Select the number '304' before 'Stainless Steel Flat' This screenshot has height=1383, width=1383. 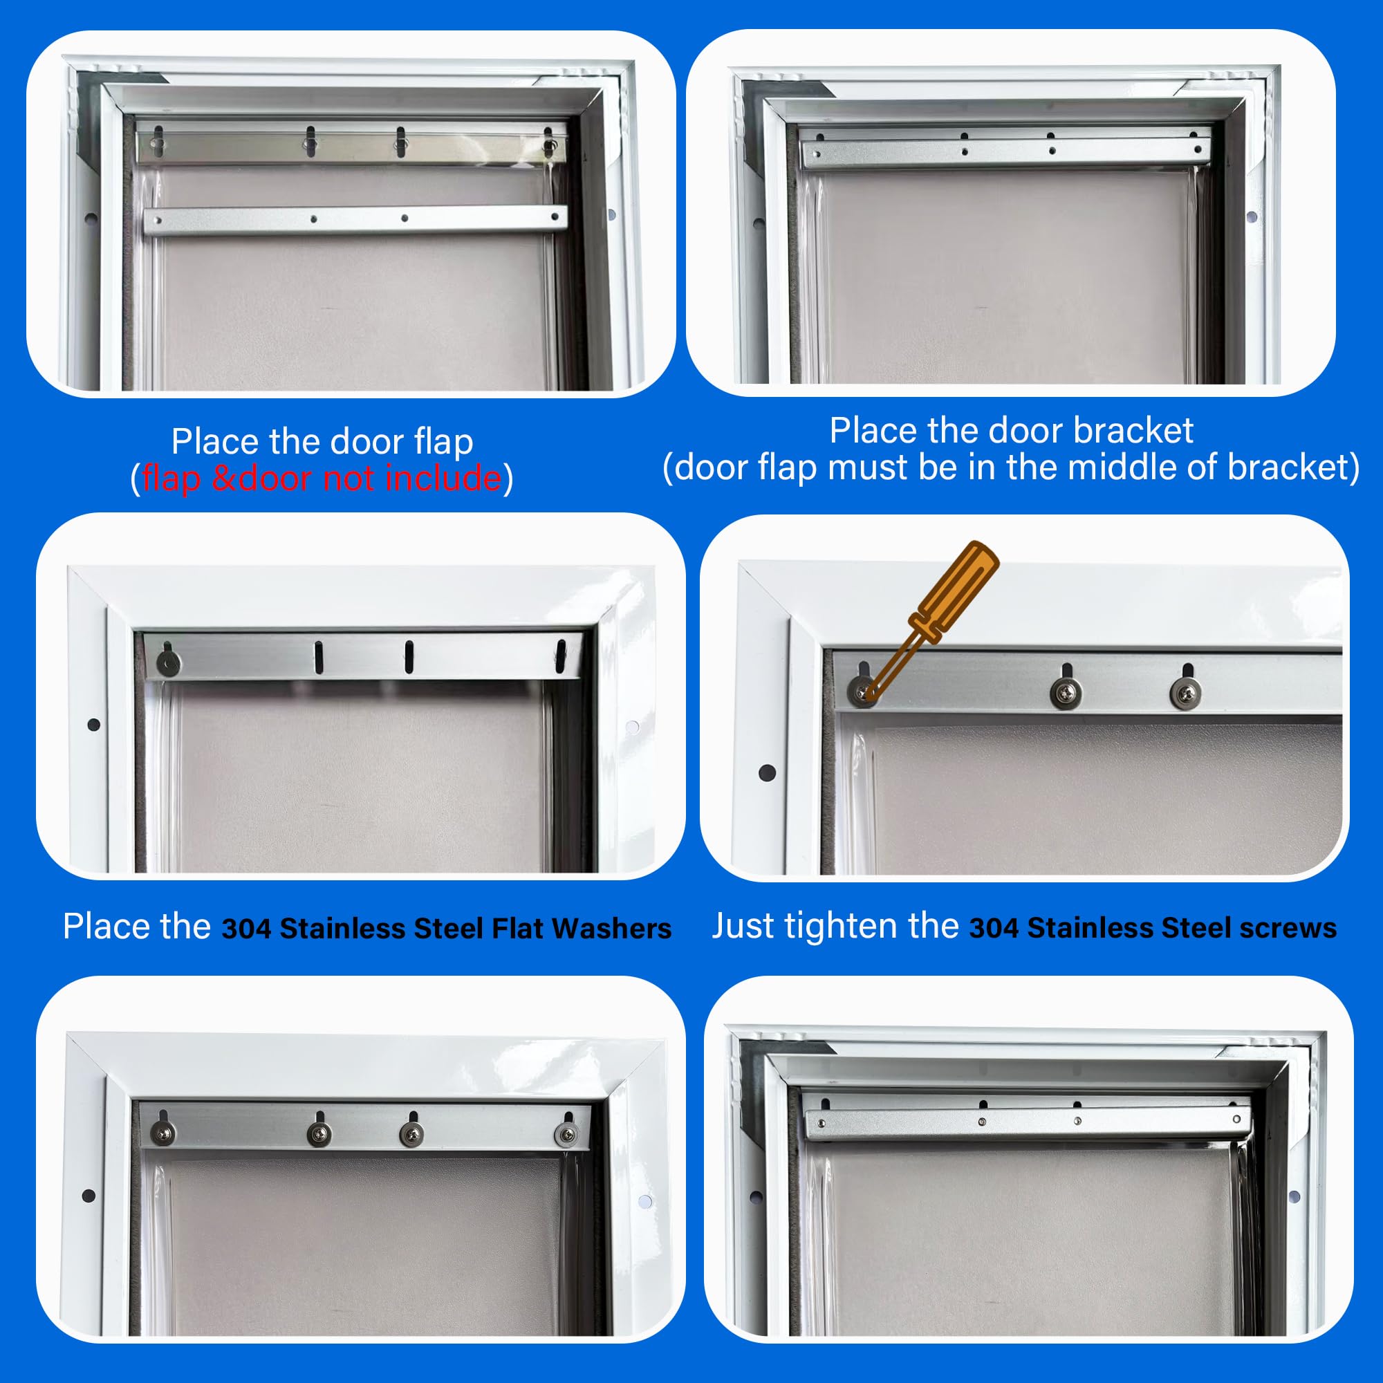pos(245,929)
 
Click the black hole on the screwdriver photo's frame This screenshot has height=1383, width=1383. pos(767,773)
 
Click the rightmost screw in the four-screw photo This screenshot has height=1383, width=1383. pos(566,1134)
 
